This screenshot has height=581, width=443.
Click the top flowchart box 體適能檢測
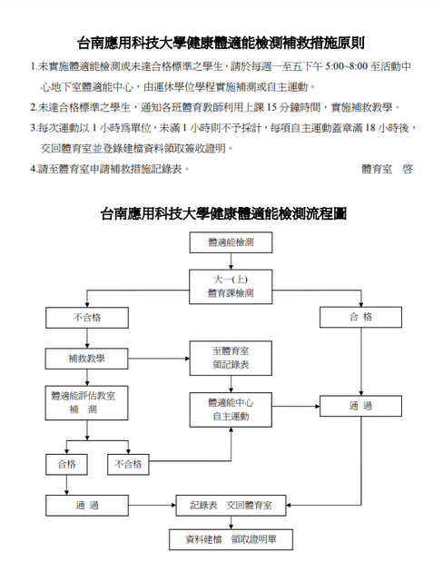pyautogui.click(x=231, y=242)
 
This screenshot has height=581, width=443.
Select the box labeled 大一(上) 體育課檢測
pyautogui.click(x=231, y=287)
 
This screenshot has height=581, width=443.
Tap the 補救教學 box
pyautogui.click(x=86, y=359)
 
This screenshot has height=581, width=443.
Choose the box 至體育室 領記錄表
pyautogui.click(x=231, y=359)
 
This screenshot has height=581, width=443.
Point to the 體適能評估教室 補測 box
pyautogui.click(x=86, y=403)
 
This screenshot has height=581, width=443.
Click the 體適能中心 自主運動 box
pyautogui.click(x=231, y=410)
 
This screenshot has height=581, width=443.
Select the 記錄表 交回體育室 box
pyautogui.click(x=231, y=506)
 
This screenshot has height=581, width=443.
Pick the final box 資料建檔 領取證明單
pyautogui.click(x=231, y=539)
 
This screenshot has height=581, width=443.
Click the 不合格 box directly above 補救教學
pyautogui.click(x=87, y=318)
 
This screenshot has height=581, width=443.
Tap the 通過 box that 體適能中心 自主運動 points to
pyautogui.click(x=360, y=406)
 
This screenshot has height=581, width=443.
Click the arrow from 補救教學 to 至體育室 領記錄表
pyautogui.click(x=159, y=359)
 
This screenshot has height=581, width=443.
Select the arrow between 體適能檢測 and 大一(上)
pyautogui.click(x=231, y=261)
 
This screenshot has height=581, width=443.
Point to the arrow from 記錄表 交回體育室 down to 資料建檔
pyautogui.click(x=231, y=523)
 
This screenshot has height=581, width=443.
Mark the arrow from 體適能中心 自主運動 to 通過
pyautogui.click(x=296, y=407)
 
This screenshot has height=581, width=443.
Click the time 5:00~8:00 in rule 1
pyautogui.click(x=347, y=66)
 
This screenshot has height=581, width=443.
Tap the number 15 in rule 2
pyautogui.click(x=271, y=107)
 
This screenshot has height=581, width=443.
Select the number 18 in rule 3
pyautogui.click(x=370, y=128)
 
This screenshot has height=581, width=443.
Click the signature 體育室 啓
pyautogui.click(x=387, y=169)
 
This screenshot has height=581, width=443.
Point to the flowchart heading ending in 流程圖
pyautogui.click(x=223, y=214)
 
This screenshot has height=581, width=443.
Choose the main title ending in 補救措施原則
pyautogui.click(x=221, y=43)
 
